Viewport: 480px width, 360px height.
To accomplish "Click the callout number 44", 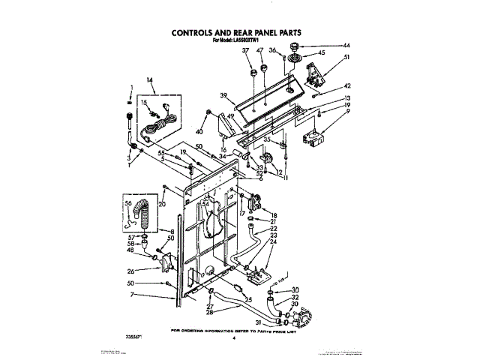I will pyautogui.click(x=346, y=46).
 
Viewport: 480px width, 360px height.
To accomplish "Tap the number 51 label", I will pyautogui.click(x=346, y=58).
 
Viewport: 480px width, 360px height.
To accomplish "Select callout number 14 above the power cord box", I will pyautogui.click(x=149, y=80).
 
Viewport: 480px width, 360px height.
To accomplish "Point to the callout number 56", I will pyautogui.click(x=127, y=202).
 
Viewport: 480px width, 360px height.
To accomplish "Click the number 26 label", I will pyautogui.click(x=130, y=271).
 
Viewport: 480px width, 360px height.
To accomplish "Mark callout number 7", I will pyautogui.click(x=130, y=295).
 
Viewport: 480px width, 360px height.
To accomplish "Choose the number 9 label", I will pyautogui.click(x=346, y=112).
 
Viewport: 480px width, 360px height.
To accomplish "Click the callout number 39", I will pyautogui.click(x=223, y=95).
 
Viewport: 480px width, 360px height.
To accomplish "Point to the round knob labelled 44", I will pyautogui.click(x=304, y=47).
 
